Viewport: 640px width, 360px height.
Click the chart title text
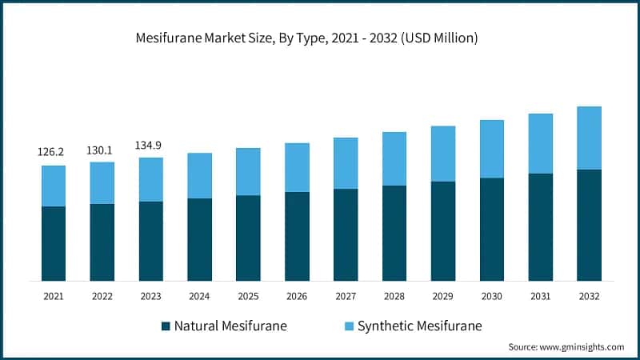point(320,38)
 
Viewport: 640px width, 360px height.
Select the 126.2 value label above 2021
point(54,151)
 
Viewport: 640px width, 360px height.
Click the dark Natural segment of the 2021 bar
point(54,243)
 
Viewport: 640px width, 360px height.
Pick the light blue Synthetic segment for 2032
point(590,138)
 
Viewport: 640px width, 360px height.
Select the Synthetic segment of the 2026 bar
point(297,167)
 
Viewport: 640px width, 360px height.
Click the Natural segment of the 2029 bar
point(443,231)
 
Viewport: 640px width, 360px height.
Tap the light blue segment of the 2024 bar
point(199,175)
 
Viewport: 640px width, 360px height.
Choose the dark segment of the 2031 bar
point(541,227)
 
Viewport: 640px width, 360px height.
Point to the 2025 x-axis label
point(248,297)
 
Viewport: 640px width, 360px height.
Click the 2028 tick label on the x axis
point(394,297)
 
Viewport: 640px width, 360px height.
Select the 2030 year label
point(492,297)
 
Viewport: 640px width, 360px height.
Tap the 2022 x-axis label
point(102,297)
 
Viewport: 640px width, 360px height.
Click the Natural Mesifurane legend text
point(230,326)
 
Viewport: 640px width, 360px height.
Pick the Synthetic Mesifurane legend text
point(420,326)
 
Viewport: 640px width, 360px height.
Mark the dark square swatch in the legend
point(166,326)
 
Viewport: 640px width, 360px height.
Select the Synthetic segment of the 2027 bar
point(346,163)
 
